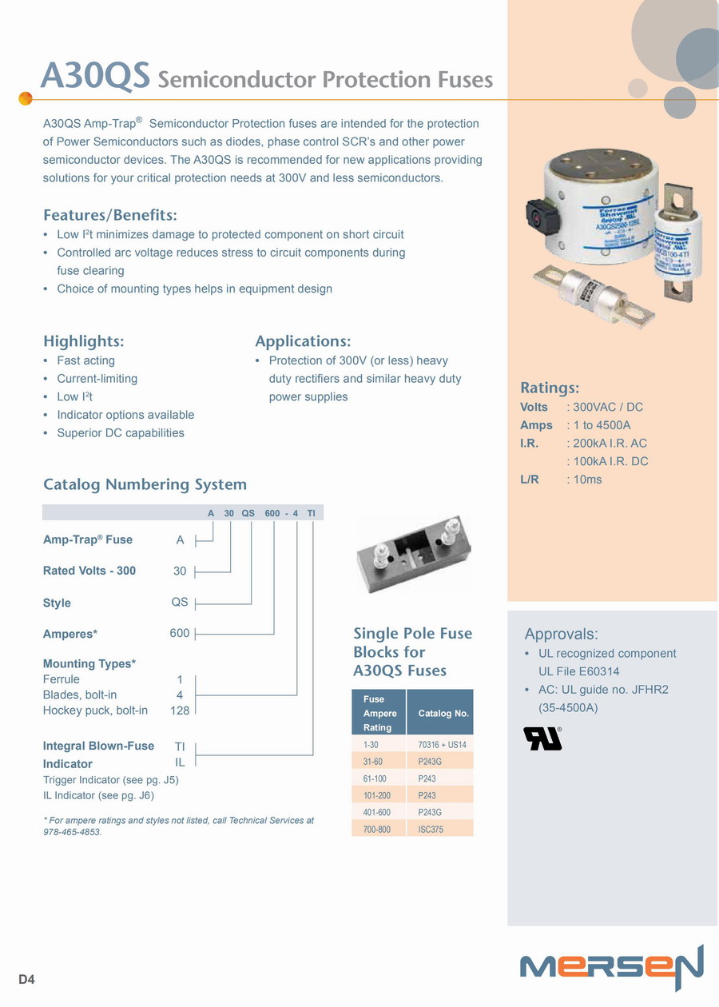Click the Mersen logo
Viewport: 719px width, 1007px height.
point(611,967)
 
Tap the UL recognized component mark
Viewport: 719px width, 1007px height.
point(542,738)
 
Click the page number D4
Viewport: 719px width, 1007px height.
point(27,979)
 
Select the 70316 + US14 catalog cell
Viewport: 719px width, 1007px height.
point(442,745)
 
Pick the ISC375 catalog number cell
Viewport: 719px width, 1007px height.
point(431,830)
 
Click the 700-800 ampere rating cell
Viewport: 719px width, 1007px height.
point(377,830)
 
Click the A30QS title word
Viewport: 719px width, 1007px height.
point(95,77)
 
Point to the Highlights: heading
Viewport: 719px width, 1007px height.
point(84,341)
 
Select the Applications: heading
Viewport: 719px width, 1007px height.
point(303,341)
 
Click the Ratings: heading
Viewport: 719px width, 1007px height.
point(550,388)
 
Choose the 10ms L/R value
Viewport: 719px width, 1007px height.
point(587,480)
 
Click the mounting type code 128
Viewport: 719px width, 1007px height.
point(180,710)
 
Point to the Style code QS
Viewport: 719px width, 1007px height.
point(180,602)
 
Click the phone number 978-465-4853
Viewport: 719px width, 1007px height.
point(73,832)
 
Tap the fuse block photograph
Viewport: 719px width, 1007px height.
point(412,554)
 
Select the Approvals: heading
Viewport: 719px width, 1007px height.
point(561,635)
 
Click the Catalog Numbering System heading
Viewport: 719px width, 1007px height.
point(145,484)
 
